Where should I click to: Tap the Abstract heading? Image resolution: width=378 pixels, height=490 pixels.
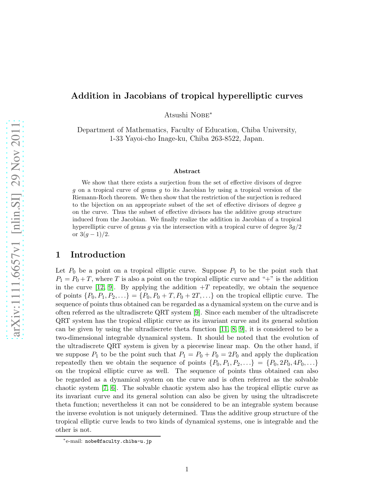tap(187, 171)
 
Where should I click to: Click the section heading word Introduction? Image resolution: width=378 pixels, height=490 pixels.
tap(98, 255)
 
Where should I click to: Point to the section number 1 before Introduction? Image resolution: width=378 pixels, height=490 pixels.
tap(58, 255)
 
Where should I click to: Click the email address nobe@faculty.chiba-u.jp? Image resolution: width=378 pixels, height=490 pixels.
tap(118, 441)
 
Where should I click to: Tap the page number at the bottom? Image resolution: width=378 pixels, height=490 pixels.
tap(187, 469)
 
